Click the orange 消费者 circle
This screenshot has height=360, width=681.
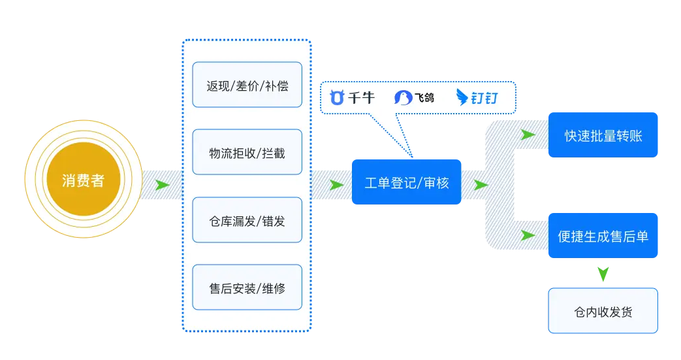click(83, 180)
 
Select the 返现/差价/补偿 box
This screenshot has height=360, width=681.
click(247, 85)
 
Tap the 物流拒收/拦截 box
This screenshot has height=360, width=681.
click(247, 152)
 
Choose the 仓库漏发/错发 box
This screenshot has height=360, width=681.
click(247, 220)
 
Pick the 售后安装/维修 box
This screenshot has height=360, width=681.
click(247, 287)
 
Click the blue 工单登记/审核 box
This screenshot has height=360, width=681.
click(406, 182)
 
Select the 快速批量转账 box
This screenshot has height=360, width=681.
click(603, 135)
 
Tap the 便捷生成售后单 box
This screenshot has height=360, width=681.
click(603, 236)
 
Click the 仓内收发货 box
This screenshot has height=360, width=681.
click(603, 311)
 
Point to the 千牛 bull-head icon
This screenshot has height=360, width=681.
click(337, 98)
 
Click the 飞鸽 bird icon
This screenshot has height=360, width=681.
click(403, 98)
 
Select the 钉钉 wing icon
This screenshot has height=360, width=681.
click(462, 97)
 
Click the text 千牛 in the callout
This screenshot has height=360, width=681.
click(361, 98)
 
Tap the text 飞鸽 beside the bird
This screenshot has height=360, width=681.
click(424, 98)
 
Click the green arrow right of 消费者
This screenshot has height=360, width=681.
click(162, 185)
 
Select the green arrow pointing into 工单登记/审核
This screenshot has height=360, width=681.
click(336, 185)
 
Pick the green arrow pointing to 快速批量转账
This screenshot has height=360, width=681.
click(528, 135)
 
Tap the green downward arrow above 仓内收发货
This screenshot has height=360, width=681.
click(603, 274)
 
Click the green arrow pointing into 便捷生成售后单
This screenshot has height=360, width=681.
click(528, 236)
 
